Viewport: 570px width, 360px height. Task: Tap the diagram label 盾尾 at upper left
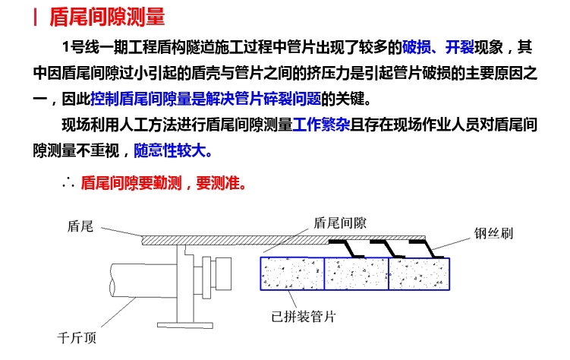[80, 226]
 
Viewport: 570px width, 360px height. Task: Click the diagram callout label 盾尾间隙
[340, 223]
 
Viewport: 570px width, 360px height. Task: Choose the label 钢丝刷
[493, 232]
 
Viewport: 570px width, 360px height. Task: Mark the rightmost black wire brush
[422, 246]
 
